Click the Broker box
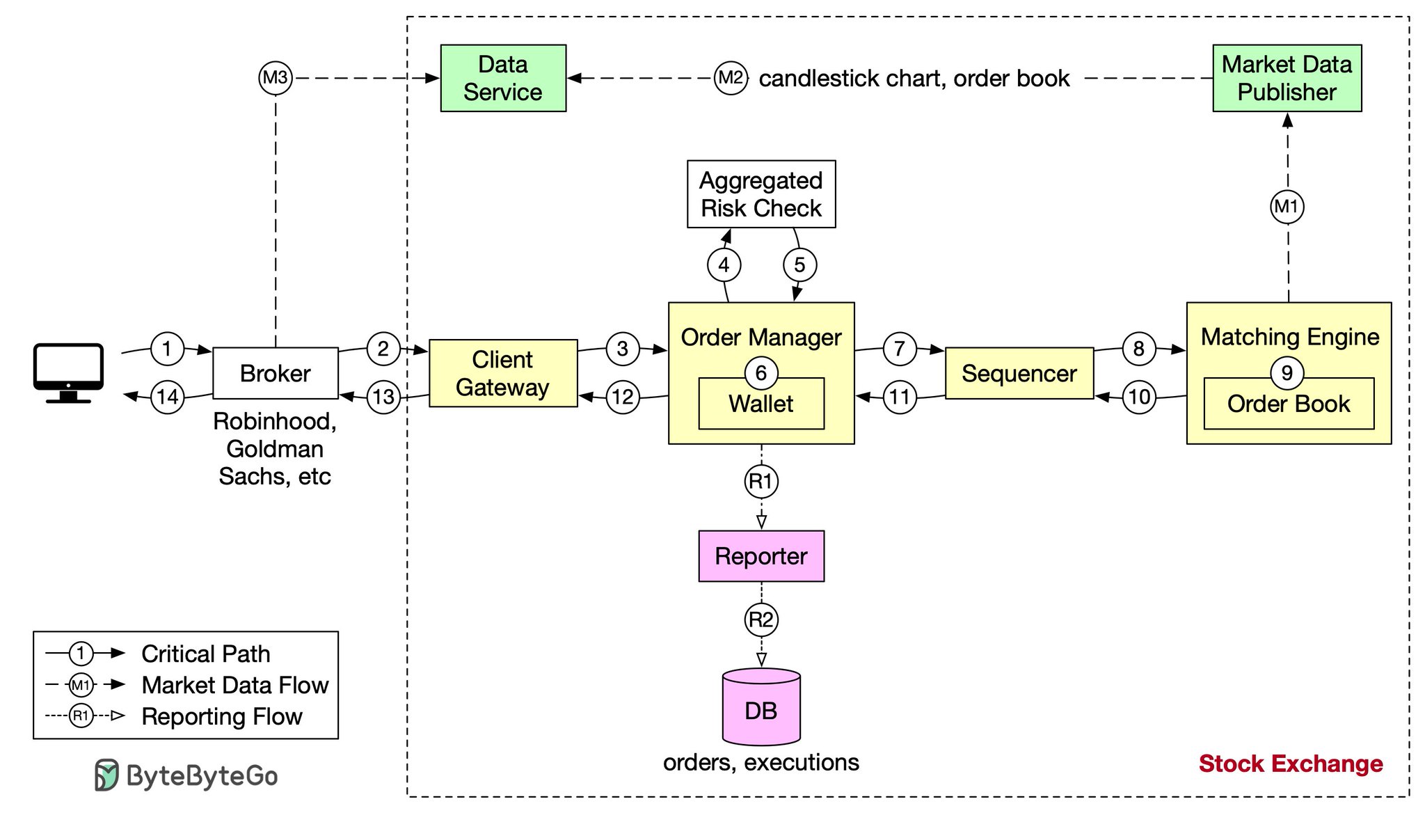coord(276,373)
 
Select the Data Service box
coord(503,78)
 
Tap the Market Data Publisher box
coord(1287,78)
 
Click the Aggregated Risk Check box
coord(761,194)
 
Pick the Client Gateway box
coord(503,373)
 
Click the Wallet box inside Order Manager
coord(761,404)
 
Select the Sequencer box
coord(1019,373)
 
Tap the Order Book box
coord(1289,404)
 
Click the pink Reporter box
coord(761,556)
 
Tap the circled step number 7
coord(900,349)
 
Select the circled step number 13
coord(383,397)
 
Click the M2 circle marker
coord(731,78)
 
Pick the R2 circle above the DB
coord(761,619)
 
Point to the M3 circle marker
coord(276,78)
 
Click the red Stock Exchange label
coord(1291,764)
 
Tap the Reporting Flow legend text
coord(222,716)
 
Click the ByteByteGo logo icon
coord(106,775)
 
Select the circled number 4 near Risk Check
coord(724,265)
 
